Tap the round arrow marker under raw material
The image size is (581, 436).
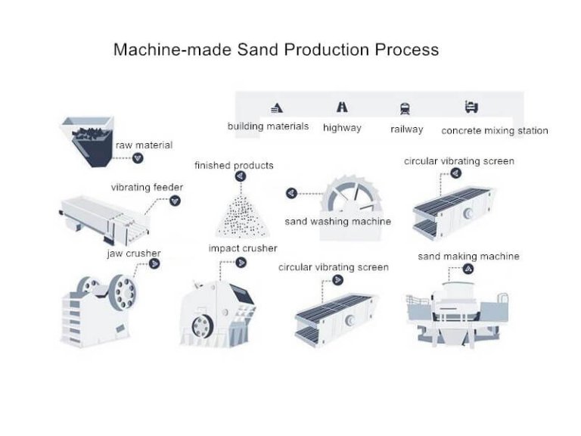pos(137,158)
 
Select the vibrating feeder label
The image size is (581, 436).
pos(147,187)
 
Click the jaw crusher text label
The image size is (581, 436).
pos(133,253)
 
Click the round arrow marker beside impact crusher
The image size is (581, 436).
pos(241,263)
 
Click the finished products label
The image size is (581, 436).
pos(234,165)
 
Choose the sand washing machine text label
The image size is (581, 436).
pos(337,222)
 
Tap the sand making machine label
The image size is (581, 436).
pos(468,257)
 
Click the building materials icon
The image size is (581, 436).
pos(276,107)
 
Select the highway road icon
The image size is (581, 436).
pos(342,107)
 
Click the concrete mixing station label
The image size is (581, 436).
pos(494,130)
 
